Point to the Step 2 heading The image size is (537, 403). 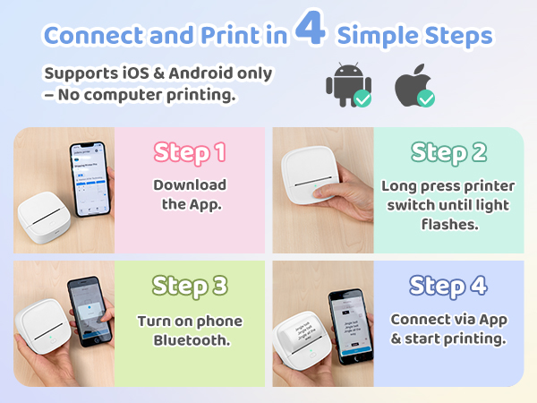pos(448,152)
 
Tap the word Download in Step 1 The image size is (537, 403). pos(189,185)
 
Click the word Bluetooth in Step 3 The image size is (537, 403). pos(190,340)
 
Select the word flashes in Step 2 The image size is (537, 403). pos(448,225)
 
